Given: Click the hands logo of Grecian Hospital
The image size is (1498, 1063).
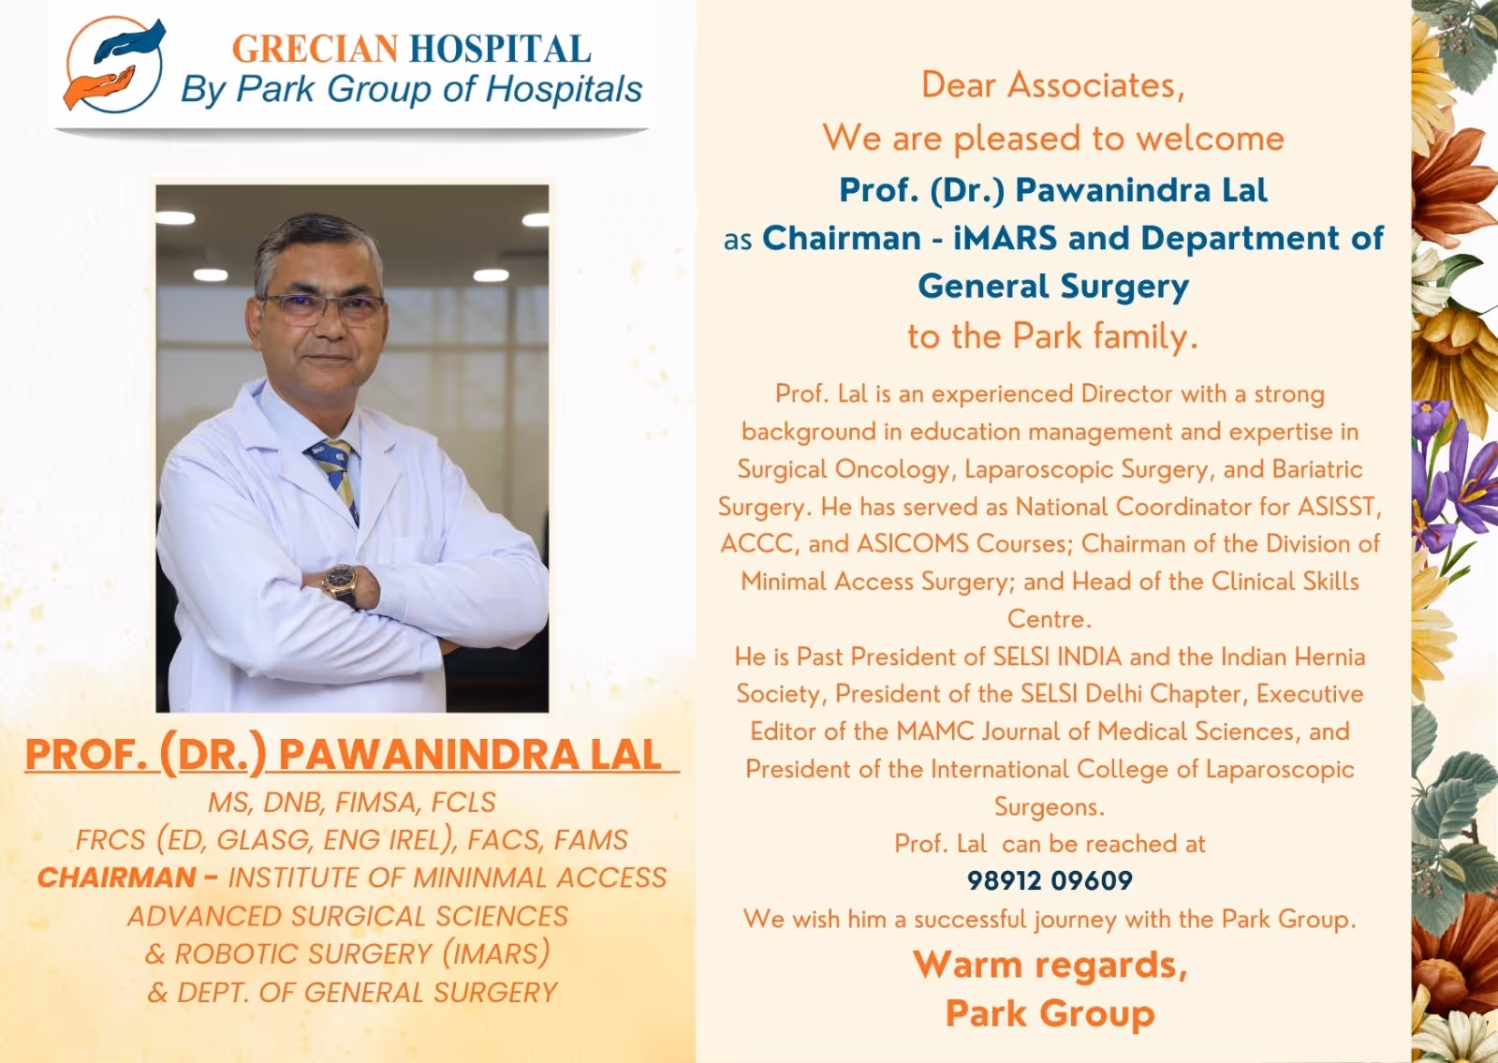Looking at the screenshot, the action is coord(113,65).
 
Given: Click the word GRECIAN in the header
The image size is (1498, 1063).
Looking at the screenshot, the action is coord(315,49).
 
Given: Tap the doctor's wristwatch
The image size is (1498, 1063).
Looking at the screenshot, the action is coord(342,584).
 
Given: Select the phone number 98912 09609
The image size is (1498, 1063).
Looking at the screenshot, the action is coord(1050,880).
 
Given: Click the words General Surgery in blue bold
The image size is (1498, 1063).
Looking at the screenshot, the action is coord(1053,287).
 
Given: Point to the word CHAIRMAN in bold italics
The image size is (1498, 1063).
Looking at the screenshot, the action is coord(117,878).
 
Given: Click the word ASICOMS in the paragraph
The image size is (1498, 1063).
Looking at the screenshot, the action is coord(912,543).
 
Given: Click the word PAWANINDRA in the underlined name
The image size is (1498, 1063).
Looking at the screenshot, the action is coord(429,755).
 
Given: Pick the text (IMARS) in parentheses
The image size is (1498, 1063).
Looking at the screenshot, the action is coord(495,953).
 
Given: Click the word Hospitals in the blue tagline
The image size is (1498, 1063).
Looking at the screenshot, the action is coord(564,89).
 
